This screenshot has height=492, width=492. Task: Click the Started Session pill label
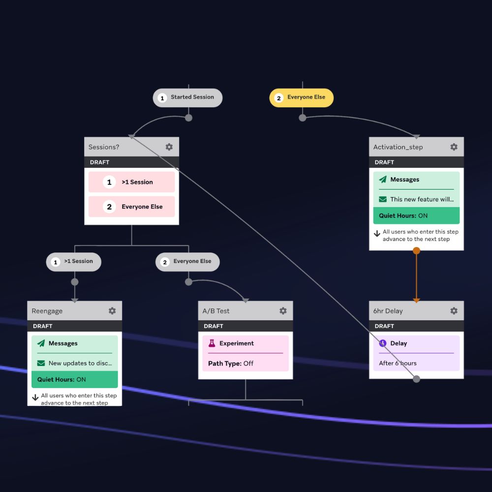tap(192, 97)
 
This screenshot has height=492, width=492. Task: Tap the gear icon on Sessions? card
tap(169, 147)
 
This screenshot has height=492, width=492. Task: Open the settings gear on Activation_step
tap(454, 147)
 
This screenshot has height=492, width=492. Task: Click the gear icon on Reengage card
tap(112, 311)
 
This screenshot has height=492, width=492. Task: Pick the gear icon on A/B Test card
tap(283, 311)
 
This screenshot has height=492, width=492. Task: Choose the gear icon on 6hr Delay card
tap(454, 311)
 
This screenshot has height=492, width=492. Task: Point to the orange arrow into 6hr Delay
tap(416, 300)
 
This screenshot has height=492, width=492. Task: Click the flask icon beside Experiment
tap(212, 343)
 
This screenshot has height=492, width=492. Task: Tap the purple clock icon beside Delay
tap(383, 343)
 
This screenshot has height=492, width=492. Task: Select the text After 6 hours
tap(398, 363)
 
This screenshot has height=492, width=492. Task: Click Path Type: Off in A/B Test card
tap(231, 364)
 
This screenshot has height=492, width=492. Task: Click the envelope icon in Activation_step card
tap(382, 199)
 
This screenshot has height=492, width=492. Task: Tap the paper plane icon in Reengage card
tap(41, 343)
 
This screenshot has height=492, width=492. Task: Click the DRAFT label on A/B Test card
tap(213, 326)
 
